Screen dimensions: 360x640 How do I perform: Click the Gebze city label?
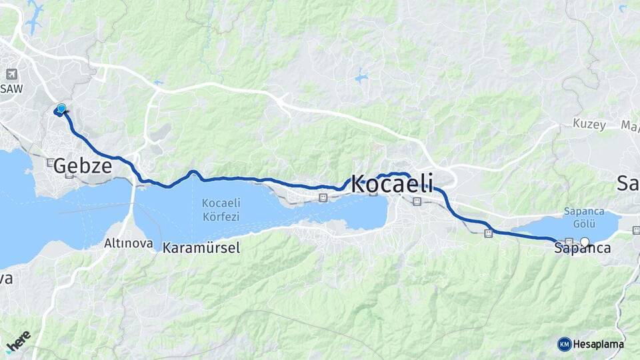83,166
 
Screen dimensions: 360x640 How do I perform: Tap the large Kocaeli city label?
392,183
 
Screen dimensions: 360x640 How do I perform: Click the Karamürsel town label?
201,247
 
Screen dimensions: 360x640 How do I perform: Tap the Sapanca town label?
582,248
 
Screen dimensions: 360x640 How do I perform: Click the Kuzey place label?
589,125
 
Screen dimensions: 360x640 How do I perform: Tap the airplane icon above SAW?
11,74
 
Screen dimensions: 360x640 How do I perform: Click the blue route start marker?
61,109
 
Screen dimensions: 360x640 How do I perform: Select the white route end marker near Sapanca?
585,242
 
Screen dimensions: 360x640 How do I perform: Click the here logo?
18,341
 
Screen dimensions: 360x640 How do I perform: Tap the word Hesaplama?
599,344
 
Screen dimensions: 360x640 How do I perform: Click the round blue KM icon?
565,344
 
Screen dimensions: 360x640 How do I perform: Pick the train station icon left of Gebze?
51,162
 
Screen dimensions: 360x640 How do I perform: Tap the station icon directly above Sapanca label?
569,241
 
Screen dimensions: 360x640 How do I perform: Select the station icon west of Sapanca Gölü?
489,233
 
